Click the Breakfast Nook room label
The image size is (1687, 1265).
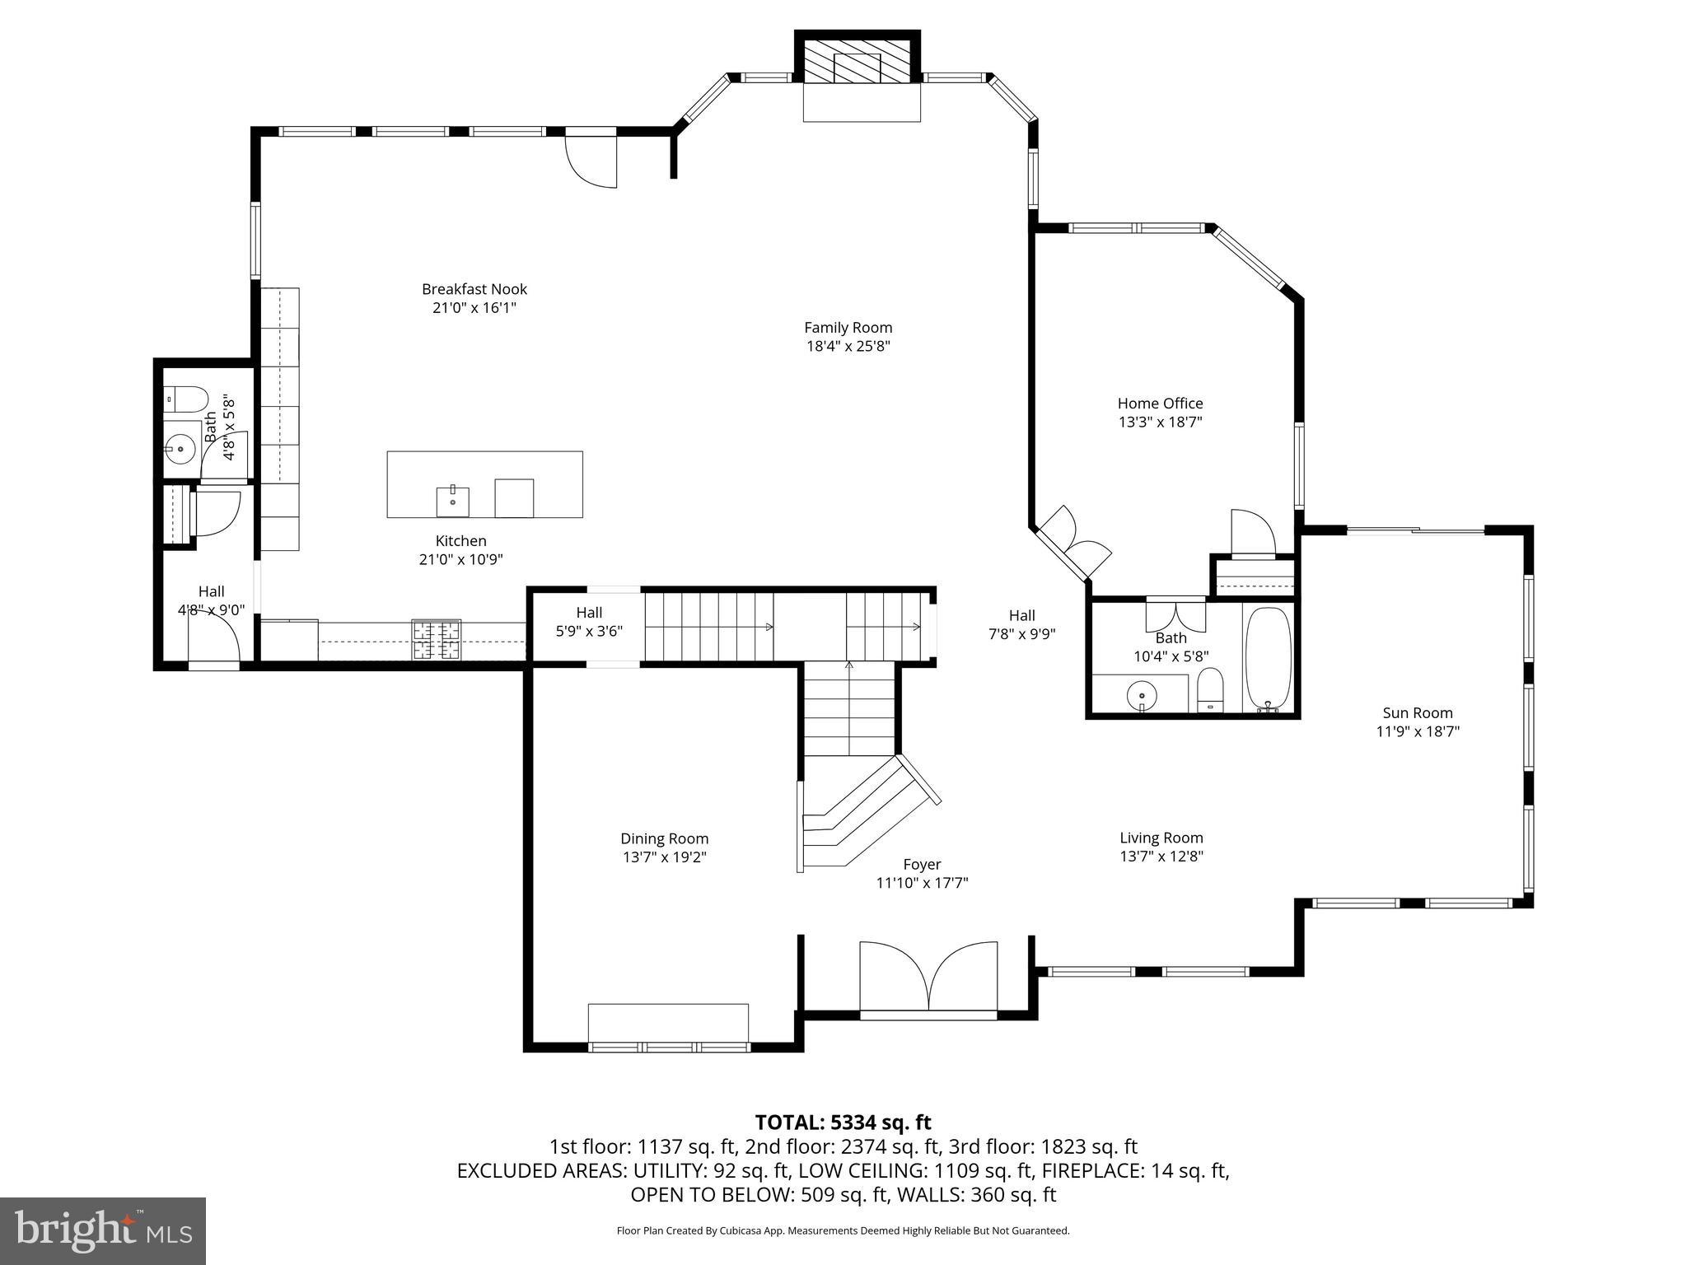474,289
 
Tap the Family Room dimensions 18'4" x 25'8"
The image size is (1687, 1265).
848,347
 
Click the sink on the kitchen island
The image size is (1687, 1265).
452,501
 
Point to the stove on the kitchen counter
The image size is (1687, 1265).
437,640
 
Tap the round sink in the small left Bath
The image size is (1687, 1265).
180,449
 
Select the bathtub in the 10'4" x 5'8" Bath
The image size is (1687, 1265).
1268,659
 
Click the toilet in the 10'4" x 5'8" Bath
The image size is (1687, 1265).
1209,690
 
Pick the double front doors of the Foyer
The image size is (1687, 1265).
928,976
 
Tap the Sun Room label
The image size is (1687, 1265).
1417,713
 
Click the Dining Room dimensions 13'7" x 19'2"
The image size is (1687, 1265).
664,857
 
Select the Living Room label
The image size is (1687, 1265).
1161,838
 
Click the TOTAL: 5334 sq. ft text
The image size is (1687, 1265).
843,1123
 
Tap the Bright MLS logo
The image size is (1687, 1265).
102,1230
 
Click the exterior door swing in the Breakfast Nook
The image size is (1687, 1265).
591,161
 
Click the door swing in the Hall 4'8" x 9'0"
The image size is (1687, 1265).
213,636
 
